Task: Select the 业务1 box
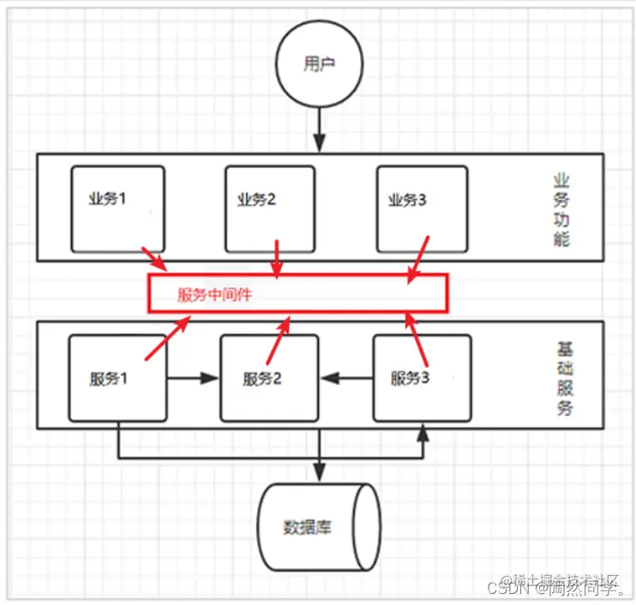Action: (x=118, y=209)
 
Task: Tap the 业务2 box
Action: (x=270, y=209)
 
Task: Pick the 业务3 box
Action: (x=422, y=209)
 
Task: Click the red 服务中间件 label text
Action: (x=215, y=294)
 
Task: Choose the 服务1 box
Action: (x=118, y=378)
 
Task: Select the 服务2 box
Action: (x=270, y=378)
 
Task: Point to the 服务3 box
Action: (x=422, y=378)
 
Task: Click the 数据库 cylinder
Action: (x=319, y=526)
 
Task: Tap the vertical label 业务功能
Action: (x=561, y=209)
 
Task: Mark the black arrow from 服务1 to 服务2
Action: (x=194, y=378)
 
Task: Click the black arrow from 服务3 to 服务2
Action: (x=347, y=378)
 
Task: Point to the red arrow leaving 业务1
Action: (x=156, y=259)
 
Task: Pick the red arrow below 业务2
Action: (x=276, y=257)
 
